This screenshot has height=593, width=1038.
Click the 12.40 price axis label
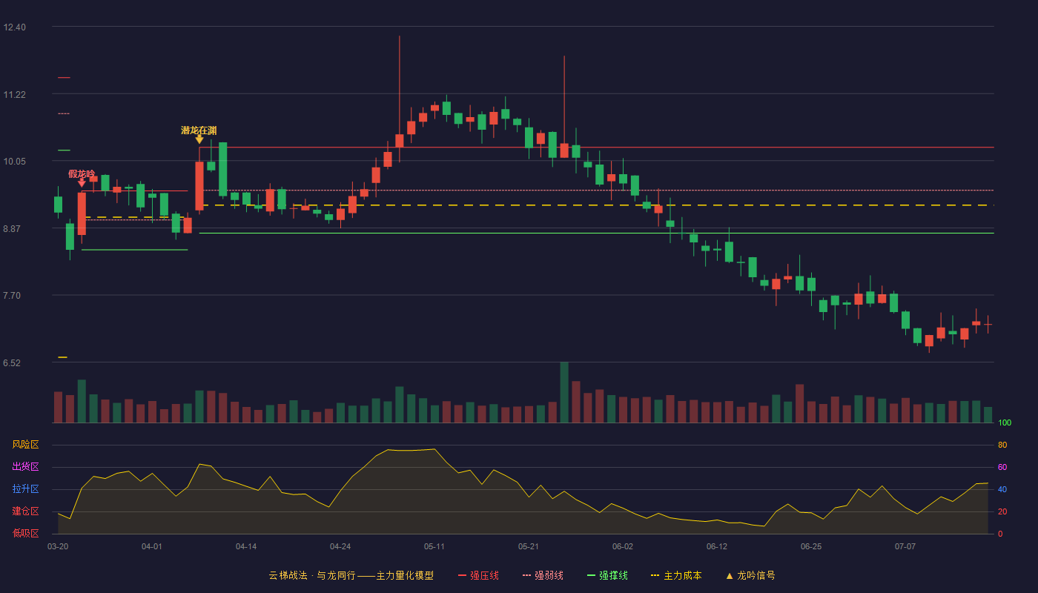[14, 27]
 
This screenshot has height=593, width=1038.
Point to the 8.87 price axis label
[12, 229]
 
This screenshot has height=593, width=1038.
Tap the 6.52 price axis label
[12, 363]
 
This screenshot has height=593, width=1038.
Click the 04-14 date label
[246, 547]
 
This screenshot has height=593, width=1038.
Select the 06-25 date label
[811, 547]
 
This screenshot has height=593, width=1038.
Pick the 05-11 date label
[434, 547]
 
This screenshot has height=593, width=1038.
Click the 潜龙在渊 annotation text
[199, 130]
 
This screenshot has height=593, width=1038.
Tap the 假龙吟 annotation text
[82, 173]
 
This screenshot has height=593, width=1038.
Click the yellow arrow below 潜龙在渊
[199, 139]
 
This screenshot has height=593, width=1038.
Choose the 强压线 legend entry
[478, 575]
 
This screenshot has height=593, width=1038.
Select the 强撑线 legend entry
[607, 575]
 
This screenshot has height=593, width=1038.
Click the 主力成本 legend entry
[676, 575]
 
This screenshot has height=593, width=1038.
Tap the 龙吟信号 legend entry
[750, 575]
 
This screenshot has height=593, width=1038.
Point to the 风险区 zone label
[25, 445]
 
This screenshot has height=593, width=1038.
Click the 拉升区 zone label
[25, 489]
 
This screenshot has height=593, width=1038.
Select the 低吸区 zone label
[25, 534]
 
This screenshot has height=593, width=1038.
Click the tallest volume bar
[564, 392]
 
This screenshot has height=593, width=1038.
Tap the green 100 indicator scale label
[1005, 423]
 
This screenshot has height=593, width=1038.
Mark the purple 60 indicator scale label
[1002, 467]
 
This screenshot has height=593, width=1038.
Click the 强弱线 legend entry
[543, 575]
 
